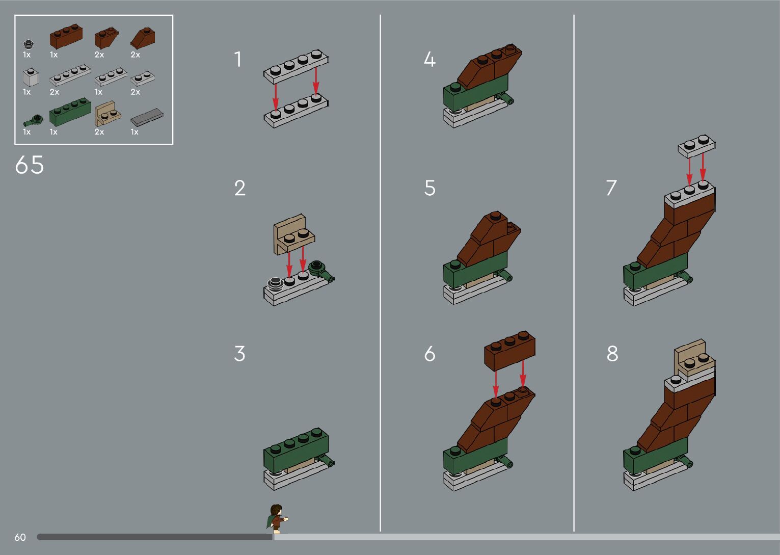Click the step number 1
238,59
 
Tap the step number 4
429,59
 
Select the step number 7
611,188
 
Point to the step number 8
612,354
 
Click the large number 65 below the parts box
30,165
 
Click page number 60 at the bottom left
20,537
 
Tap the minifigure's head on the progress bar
276,510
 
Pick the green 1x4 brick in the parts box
70,112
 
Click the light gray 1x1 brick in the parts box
31,77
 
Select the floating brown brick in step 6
510,350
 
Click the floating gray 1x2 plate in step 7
696,146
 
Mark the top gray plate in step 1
296,66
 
